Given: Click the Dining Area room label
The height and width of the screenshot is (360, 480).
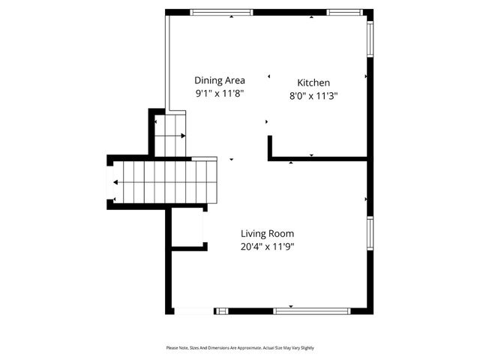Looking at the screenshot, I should click(x=219, y=80).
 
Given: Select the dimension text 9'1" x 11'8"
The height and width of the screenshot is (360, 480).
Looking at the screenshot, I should click(x=219, y=94).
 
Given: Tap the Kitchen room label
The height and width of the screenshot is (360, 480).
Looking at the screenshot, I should click(x=313, y=82).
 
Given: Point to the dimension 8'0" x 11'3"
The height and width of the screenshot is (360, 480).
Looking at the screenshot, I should click(x=313, y=95).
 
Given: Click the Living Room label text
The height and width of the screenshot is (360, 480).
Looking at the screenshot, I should click(x=267, y=233).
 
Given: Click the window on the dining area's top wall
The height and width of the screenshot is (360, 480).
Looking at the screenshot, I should click(x=221, y=12).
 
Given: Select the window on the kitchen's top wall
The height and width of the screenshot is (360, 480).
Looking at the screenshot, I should click(x=344, y=12).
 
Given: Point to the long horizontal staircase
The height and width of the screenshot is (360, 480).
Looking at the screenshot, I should click(x=165, y=182).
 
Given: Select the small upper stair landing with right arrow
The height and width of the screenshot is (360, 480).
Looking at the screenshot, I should click(x=169, y=135).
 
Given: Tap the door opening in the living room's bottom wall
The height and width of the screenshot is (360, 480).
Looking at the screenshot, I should click(x=193, y=310).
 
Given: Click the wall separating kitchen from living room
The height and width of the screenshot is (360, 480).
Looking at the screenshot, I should click(x=319, y=159).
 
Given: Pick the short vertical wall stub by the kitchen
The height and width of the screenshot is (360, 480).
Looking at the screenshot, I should click(x=269, y=147).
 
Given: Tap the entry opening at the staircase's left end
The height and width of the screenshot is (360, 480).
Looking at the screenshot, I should click(x=109, y=182).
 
